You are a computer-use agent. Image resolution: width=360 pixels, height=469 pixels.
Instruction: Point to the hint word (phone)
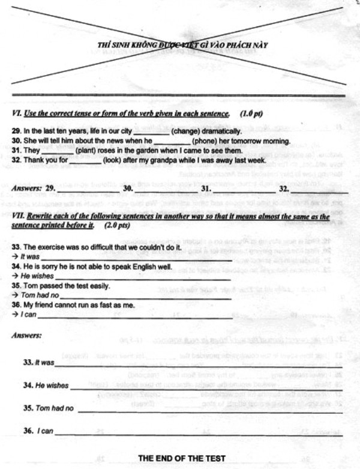(x=206, y=141)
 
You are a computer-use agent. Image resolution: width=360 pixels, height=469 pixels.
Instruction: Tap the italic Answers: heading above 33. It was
(x=27, y=335)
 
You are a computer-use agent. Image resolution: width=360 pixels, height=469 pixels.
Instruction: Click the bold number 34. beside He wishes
(x=28, y=385)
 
